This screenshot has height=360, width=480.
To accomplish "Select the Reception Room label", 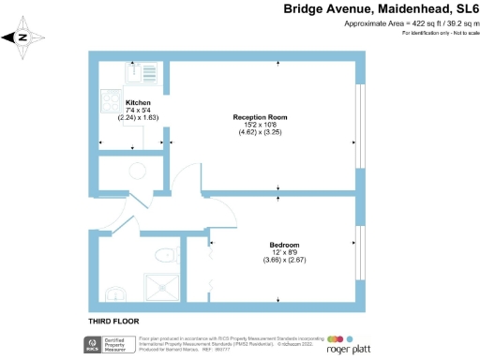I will pyautogui.click(x=260, y=117).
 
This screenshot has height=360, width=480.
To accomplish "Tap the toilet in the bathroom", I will pyautogui.click(x=166, y=254).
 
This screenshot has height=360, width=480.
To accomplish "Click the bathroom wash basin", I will pyautogui.click(x=114, y=295).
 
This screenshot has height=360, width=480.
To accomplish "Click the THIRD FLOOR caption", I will pyautogui.click(x=111, y=322).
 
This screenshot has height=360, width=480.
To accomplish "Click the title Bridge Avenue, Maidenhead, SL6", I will pyautogui.click(x=382, y=8).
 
